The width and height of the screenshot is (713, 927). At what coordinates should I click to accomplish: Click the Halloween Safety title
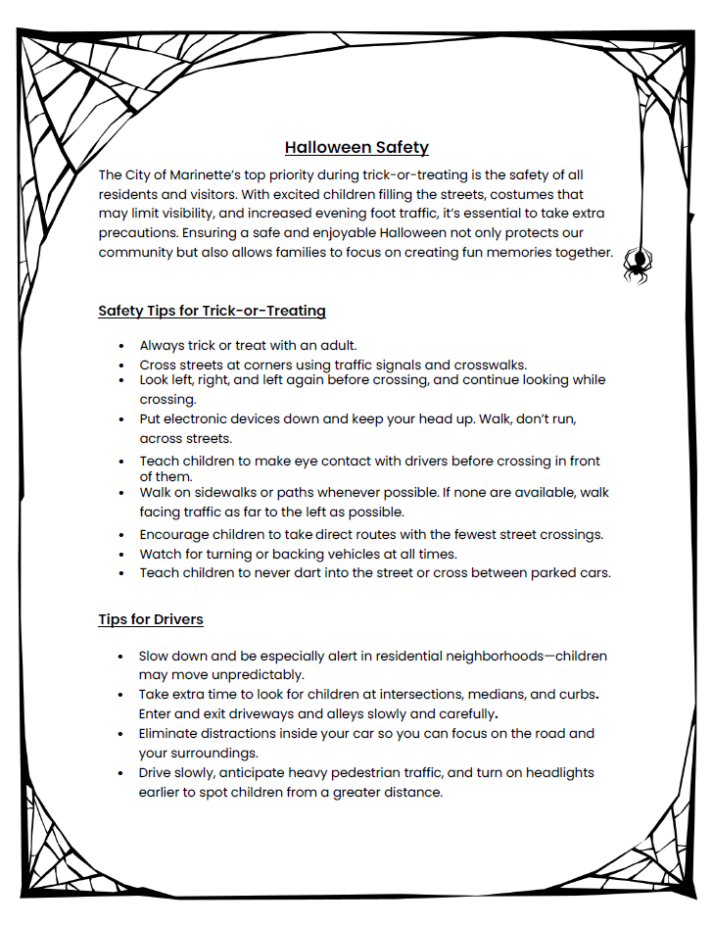[356, 148]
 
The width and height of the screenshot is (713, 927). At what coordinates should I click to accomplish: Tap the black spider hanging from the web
[638, 263]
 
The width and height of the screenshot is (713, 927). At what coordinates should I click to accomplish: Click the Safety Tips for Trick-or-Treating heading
[212, 311]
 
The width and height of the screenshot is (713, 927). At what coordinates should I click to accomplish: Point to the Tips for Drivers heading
[150, 619]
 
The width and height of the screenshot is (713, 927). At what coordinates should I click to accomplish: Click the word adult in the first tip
[335, 345]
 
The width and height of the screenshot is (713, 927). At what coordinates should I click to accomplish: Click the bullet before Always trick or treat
[120, 346]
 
